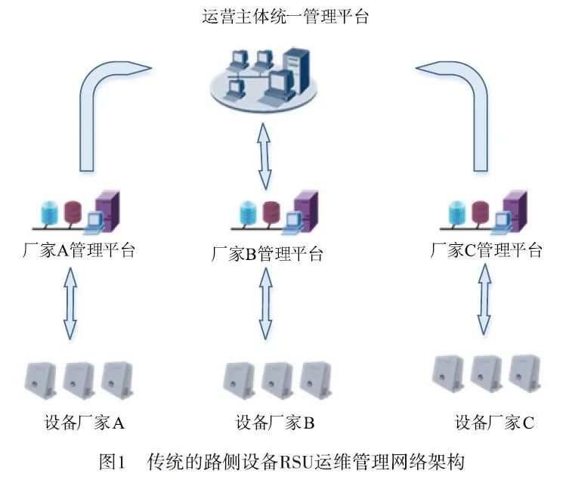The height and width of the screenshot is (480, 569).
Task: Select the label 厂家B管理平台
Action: click(267, 253)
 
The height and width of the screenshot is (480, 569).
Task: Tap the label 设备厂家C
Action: click(494, 423)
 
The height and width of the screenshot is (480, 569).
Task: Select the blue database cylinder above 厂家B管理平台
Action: click(247, 212)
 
